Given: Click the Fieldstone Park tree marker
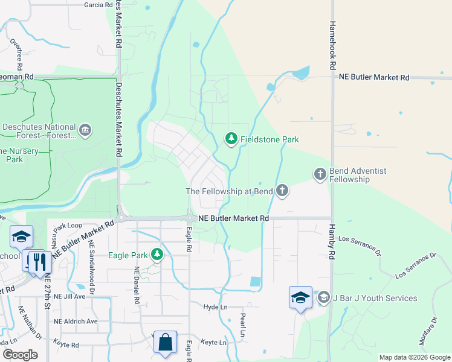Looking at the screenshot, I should click(231, 139).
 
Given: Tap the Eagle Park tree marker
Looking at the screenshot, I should click(157, 255).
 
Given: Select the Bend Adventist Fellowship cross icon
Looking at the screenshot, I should click(320, 174).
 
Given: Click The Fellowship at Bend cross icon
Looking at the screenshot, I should click(281, 191).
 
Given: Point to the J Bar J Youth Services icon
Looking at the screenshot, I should click(324, 298).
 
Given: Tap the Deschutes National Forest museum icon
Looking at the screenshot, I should click(85, 130).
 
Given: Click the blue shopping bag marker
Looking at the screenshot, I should click(165, 342).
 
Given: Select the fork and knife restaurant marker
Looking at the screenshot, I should click(40, 261).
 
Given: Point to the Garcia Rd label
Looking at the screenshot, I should click(100, 4).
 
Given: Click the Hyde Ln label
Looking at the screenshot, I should click(214, 307).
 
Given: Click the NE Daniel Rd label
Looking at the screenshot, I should click(137, 285).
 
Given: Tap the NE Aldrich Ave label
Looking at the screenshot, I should click(76, 321).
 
